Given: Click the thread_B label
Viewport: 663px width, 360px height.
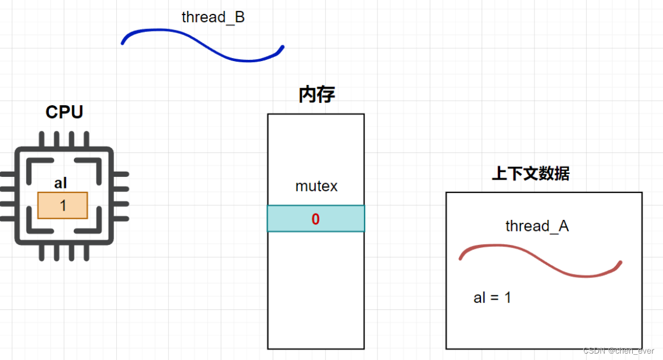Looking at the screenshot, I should point(213,17).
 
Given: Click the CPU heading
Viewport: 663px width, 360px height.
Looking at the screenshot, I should point(64,112).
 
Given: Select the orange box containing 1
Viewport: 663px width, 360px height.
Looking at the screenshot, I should point(63,205).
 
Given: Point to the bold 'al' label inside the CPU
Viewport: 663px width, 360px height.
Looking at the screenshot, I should point(60,184).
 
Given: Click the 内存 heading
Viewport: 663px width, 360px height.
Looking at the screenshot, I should point(316,95).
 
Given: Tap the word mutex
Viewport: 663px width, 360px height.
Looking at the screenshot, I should point(316,187).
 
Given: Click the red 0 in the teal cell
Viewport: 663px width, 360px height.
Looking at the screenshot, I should point(315,219).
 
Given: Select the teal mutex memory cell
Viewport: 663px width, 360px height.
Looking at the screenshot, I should point(343,219).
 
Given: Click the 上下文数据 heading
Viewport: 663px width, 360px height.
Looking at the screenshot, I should point(530,173).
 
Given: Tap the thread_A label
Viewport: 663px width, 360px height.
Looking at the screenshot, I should point(537,226).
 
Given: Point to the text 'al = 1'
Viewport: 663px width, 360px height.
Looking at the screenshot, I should point(492,298).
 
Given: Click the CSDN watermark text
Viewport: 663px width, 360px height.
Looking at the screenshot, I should point(618,351).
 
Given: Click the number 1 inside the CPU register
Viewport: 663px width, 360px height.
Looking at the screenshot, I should point(63,206).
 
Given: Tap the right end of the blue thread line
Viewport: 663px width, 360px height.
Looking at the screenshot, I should point(282,47).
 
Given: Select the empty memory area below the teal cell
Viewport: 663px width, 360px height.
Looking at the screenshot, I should point(316,291).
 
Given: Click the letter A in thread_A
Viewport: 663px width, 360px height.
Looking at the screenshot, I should point(564,226).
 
